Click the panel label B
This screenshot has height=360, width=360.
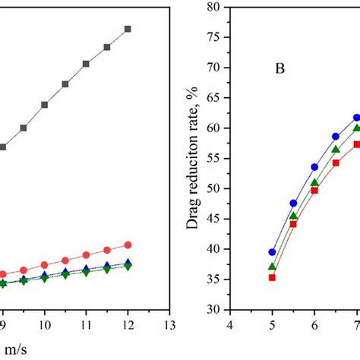tap(279, 74)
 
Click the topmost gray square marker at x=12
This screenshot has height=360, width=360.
tap(128, 29)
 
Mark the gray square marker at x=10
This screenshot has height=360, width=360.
tap(44, 105)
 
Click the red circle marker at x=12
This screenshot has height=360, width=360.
tap(128, 245)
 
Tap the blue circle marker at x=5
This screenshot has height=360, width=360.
tap(272, 252)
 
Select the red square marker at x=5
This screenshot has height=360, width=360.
tap(272, 277)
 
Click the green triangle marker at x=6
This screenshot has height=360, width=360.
tap(314, 183)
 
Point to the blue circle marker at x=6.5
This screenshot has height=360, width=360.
tap(335, 137)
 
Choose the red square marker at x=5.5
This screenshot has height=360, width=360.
tap(293, 224)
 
